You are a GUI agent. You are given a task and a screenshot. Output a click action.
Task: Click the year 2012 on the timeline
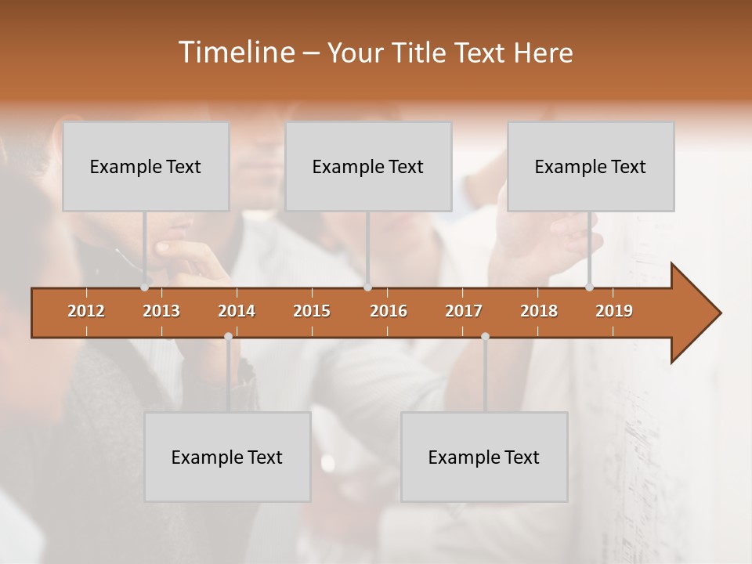[x=86, y=311]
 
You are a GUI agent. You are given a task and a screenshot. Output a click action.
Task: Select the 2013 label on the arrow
[x=161, y=311]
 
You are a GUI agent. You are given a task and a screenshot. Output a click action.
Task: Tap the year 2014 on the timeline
[x=237, y=311]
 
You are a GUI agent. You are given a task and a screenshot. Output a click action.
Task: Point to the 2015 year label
[x=312, y=311]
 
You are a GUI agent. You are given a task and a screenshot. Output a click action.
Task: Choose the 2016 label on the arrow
[x=389, y=311]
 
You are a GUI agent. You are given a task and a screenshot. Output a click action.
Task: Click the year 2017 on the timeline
[x=464, y=311]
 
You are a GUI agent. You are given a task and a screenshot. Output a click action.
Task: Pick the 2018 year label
[x=539, y=311]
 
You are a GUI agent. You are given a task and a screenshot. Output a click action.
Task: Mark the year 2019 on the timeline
[x=614, y=311]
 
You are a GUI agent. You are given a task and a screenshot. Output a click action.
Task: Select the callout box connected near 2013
[x=146, y=166]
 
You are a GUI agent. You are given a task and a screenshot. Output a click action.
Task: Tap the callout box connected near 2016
[x=368, y=166]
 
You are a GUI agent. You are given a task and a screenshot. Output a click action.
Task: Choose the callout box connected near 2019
[x=591, y=166]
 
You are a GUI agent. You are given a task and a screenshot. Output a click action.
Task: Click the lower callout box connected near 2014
[x=227, y=457]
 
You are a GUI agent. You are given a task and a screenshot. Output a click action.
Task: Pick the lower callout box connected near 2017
[x=484, y=457]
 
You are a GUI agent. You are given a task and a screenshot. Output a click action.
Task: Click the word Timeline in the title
[x=235, y=52]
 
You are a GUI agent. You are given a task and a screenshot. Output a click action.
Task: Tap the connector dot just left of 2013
[x=144, y=287]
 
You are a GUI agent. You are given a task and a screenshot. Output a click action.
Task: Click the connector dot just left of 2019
[x=589, y=287]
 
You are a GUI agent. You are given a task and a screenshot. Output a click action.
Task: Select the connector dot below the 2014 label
[x=228, y=337]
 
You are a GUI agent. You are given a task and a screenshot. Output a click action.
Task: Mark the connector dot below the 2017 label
[x=485, y=337]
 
